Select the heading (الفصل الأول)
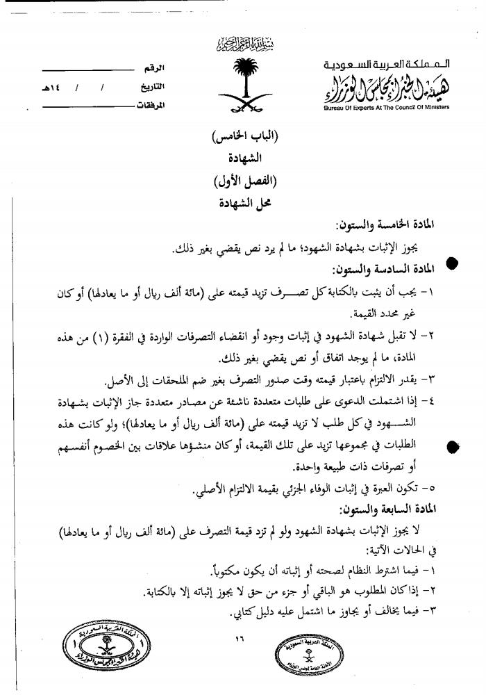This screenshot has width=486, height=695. coord(242,183)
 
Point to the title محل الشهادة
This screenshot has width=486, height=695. coord(242,204)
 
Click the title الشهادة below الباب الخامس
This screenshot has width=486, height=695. coord(242,161)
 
